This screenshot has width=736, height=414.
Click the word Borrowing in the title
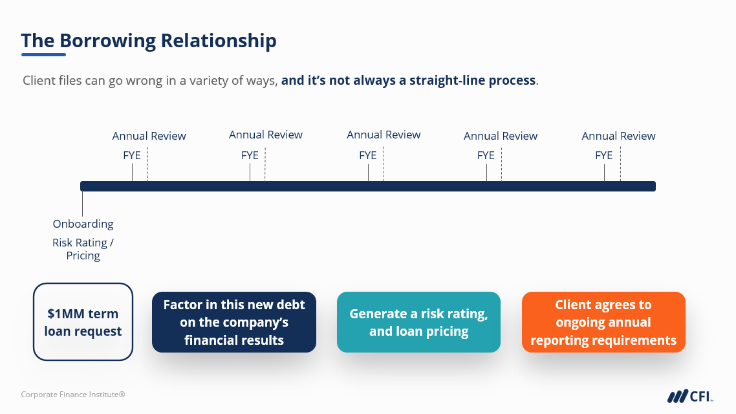tap(107, 41)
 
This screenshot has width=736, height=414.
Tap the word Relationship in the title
tap(219, 41)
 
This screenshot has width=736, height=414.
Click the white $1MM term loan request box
tap(83, 322)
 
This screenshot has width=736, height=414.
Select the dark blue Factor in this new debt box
tap(233, 322)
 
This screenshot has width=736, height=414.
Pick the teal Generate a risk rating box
tap(418, 322)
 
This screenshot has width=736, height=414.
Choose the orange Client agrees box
tap(603, 322)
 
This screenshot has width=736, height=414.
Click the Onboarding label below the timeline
tap(83, 224)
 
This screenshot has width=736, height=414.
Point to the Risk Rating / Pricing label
tap(83, 249)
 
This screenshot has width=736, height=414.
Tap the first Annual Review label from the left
tap(149, 136)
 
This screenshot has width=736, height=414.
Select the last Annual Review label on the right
tap(619, 136)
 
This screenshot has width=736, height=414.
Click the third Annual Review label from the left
tap(384, 135)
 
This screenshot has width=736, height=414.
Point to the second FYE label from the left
tap(250, 155)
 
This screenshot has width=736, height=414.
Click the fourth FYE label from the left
tap(486, 155)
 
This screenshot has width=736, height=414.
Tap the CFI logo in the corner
tap(690, 396)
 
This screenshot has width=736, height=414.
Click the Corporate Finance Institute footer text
tap(72, 395)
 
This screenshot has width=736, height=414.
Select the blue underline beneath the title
tap(43, 55)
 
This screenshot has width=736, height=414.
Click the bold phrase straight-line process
tap(472, 81)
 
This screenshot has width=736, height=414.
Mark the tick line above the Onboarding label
tap(82, 204)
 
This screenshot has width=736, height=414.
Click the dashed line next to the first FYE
tap(148, 164)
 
